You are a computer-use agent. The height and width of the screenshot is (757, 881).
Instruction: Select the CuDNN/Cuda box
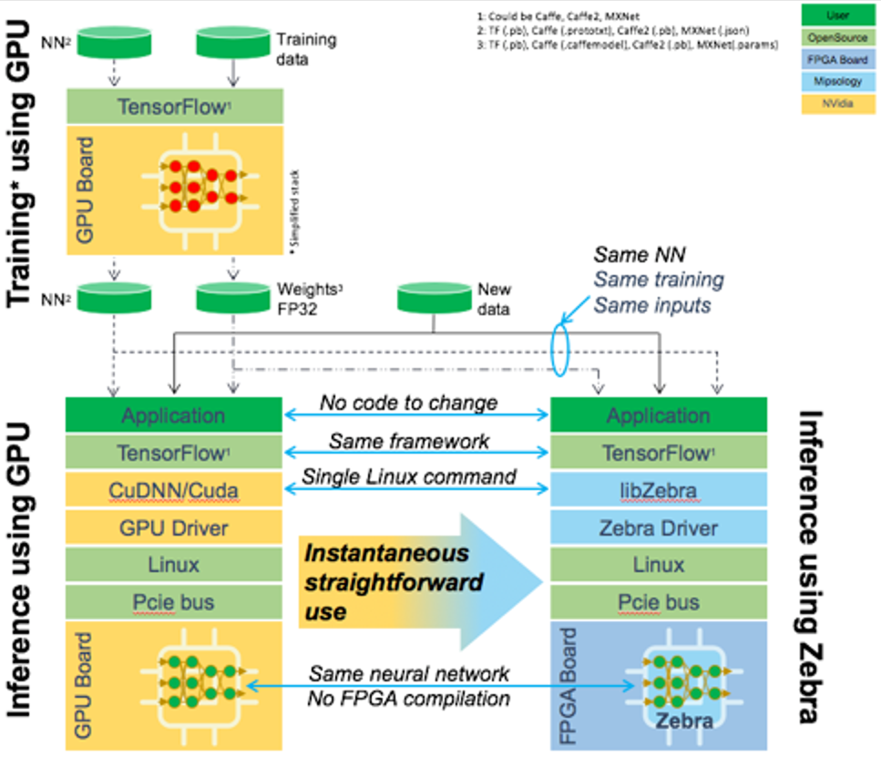[x=173, y=490]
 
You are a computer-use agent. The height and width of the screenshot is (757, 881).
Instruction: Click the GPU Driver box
[x=173, y=527]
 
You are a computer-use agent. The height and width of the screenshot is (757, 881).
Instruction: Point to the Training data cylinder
[x=231, y=40]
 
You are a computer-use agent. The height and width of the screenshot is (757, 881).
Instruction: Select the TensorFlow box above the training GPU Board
[x=173, y=106]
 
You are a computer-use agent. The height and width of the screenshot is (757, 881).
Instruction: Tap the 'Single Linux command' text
[x=409, y=476]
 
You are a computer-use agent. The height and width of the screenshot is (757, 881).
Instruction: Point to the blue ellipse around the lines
[x=561, y=348]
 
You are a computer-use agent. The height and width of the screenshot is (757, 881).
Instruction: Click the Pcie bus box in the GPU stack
[x=173, y=602]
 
